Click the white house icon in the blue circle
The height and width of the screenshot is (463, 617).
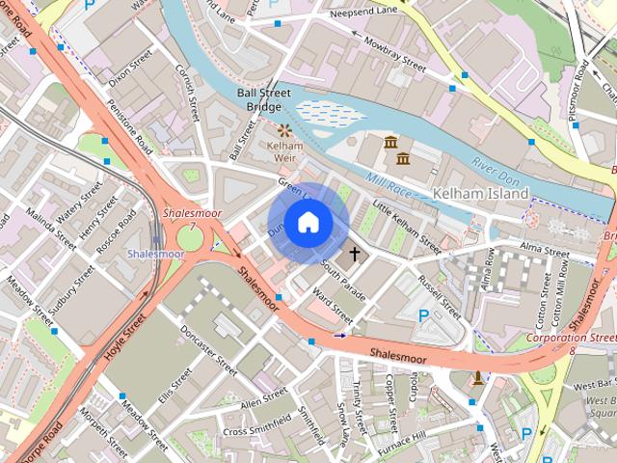coord(307,224)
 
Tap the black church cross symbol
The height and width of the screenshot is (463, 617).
coord(354,255)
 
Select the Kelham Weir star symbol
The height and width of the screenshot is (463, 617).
coord(284,129)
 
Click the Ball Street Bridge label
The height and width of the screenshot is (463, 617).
coord(258,99)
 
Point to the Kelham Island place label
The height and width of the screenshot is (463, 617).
coord(481,194)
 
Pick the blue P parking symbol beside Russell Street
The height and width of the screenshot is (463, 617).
coord(423,315)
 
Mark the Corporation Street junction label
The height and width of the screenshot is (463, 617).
coord(576,340)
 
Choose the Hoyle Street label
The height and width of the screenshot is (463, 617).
coord(125,332)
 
